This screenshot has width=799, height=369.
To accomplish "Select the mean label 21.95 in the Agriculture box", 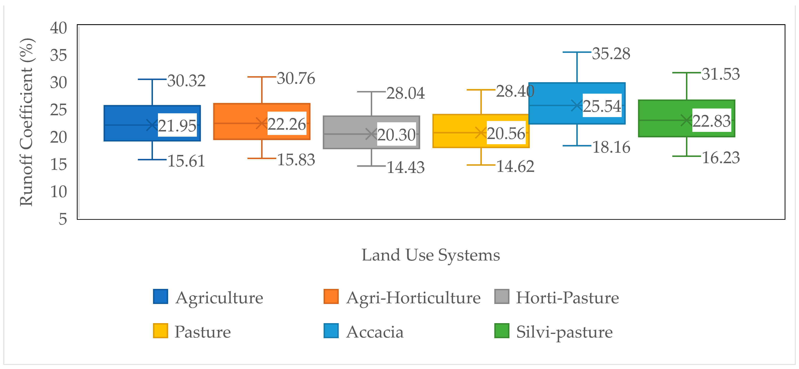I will [177, 126].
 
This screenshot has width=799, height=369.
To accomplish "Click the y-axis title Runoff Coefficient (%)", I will [26, 122].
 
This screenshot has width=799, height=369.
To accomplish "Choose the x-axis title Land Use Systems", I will [431, 255].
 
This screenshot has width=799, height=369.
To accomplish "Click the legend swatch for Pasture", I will [160, 331].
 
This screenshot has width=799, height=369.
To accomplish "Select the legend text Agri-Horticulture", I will [413, 298].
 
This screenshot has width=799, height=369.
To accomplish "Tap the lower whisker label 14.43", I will [405, 168].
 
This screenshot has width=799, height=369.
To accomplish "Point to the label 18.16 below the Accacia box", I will [611, 147].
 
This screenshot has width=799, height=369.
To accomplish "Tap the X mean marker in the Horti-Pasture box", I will [371, 134].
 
